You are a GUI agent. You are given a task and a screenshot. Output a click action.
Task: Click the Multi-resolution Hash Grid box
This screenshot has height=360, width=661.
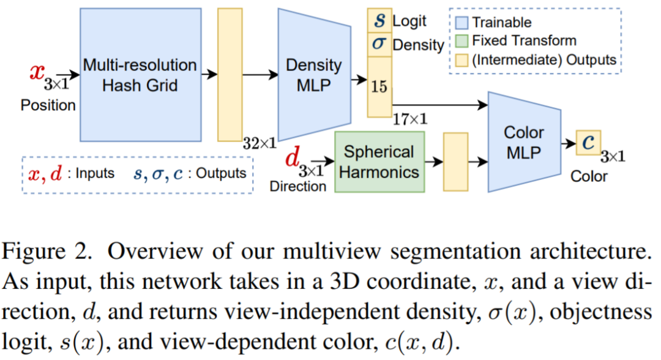[x=140, y=73]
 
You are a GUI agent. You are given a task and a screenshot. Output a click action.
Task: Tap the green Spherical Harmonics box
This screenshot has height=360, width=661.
[x=379, y=161]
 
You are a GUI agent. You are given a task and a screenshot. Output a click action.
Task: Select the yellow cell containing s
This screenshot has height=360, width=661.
[x=379, y=21]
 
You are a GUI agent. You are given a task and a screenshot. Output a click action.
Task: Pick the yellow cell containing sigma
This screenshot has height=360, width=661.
[x=379, y=45]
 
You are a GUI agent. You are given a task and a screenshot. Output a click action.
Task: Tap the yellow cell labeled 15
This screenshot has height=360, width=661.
[x=379, y=86]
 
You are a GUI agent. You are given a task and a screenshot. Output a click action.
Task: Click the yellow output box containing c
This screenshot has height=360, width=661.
[x=588, y=142]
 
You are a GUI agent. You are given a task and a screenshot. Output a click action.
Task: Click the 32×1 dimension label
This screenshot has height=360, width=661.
[x=260, y=144]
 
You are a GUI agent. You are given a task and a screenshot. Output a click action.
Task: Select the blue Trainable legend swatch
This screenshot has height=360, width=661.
[x=462, y=23]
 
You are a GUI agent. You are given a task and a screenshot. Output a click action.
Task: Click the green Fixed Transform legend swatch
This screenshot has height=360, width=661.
[x=462, y=41]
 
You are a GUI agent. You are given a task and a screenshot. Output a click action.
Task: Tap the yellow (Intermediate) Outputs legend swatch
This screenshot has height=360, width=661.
[x=462, y=59]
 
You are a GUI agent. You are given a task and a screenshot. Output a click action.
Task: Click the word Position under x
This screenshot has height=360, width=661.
[x=48, y=105]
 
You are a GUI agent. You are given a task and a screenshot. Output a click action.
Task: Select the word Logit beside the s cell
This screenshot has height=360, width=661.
[x=409, y=21]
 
